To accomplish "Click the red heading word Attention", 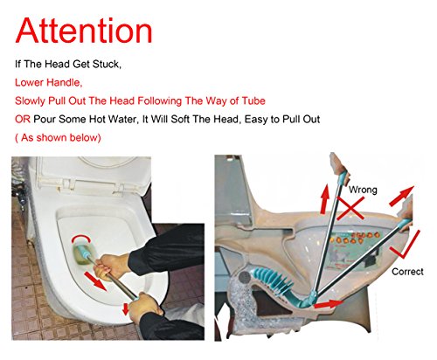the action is [x=84, y=31].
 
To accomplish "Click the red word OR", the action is [x=23, y=119].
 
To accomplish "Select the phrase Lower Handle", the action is [x=49, y=82].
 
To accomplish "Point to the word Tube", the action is [x=253, y=100].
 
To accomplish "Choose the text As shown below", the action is [x=59, y=137].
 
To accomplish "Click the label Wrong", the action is [x=363, y=190].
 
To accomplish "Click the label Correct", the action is [x=407, y=272].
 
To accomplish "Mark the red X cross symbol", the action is [x=350, y=208].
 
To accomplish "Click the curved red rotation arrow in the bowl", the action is [x=81, y=237].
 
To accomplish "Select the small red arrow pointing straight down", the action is [x=126, y=309].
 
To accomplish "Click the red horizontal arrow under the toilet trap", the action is [x=329, y=304].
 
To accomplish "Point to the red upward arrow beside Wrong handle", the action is [x=324, y=199].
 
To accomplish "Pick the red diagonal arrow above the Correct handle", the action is [x=401, y=196].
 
